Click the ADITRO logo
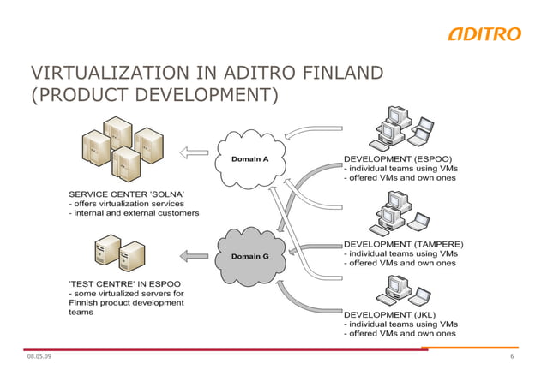[x=484, y=33]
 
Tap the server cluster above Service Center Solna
[x=121, y=146]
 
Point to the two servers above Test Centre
[x=121, y=252]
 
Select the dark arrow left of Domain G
[x=195, y=254]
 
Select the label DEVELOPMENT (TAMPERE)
[x=403, y=243]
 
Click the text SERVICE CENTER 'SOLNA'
[x=126, y=193]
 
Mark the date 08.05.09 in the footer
[x=39, y=356]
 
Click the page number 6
[x=511, y=356]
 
